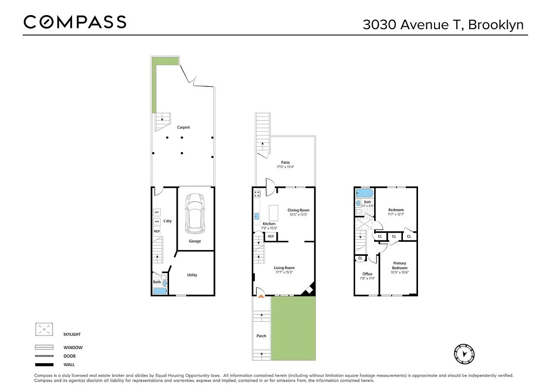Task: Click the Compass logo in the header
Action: pos(75,22)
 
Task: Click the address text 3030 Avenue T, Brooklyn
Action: pos(443,25)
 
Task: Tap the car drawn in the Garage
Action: pos(194,214)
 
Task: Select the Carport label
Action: pos(183,127)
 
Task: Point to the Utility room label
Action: pos(192,275)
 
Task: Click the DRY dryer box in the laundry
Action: pos(157,212)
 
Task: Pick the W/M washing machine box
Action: pos(157,222)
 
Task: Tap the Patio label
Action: pos(285,162)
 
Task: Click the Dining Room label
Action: pos(298,210)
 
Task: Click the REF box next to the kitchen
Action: pos(270,237)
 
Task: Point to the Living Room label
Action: pos(284,268)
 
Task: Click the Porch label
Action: pos(262,336)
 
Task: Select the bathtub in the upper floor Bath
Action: pos(363,193)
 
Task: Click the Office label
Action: pos(367,274)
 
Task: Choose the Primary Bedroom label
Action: pos(399,266)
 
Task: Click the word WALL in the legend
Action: pos(69,365)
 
